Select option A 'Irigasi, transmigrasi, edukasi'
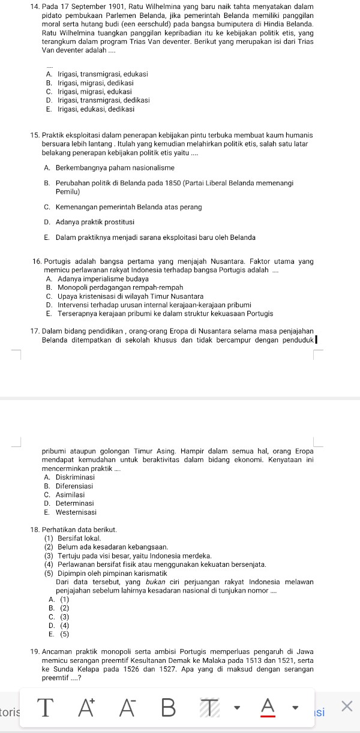point(96,74)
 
